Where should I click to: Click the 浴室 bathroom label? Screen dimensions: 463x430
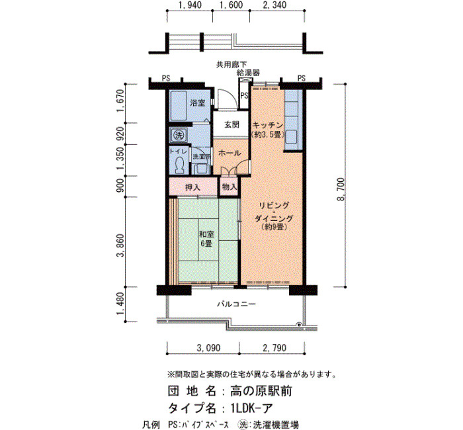coord(198,103)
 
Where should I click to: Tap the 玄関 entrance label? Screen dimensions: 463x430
coord(232,124)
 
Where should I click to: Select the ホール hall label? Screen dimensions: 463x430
coord(230,153)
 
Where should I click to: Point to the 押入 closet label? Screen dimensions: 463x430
coord(192,187)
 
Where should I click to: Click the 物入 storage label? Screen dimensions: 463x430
coord(230,187)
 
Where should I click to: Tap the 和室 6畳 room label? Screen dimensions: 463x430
coord(206,239)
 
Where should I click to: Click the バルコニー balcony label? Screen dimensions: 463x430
coord(236,304)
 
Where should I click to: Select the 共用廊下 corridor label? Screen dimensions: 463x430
coord(232,64)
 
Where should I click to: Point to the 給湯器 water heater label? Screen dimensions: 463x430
coord(248,73)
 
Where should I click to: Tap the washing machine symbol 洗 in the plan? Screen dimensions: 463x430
coord(178,135)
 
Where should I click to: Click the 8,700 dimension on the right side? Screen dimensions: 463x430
coord(341,189)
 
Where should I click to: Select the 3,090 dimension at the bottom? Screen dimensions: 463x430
coord(208,348)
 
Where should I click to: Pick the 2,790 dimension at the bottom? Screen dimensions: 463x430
coord(274,348)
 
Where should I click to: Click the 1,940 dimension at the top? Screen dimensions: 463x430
coord(190,5)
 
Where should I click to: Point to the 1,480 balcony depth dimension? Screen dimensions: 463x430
coord(121,304)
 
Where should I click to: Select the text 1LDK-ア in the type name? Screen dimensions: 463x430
coord(251,408)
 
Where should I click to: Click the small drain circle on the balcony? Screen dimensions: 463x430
coord(300,325)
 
